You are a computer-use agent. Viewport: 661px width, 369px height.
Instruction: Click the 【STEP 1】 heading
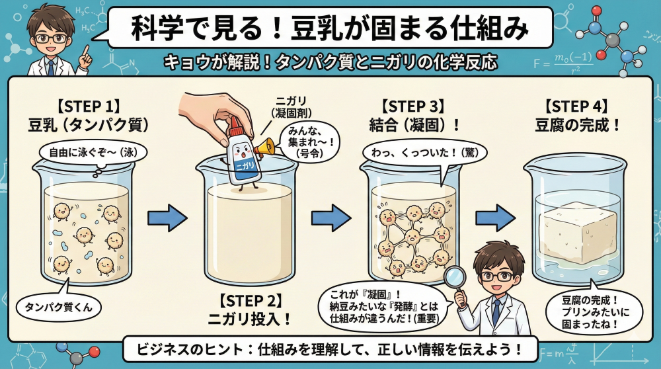coord(89,106)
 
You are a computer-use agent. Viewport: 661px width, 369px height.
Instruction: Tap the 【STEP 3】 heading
coord(413,106)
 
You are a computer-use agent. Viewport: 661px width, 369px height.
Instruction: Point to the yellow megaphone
coord(265,148)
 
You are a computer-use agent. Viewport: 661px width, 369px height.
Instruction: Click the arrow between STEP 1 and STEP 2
coord(167,218)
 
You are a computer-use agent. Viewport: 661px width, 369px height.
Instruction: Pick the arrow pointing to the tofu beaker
coord(495,218)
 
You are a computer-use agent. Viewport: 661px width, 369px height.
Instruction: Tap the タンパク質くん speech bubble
coord(59,305)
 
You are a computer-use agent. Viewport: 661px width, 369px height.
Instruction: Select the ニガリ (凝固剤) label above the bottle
coord(292,107)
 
